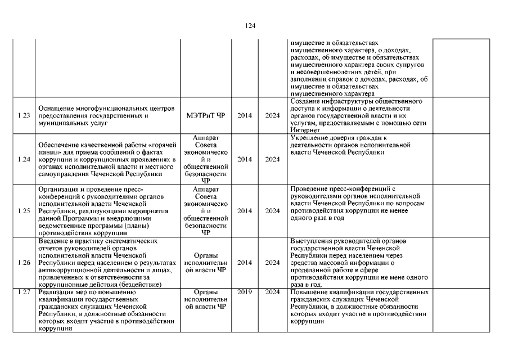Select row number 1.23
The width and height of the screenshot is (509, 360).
(24, 116)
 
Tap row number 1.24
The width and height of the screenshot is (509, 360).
(24, 159)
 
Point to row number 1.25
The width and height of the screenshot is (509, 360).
(24, 211)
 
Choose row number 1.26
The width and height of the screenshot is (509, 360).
(24, 263)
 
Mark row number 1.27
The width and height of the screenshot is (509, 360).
(24, 292)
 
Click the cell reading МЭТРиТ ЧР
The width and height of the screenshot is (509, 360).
(205, 116)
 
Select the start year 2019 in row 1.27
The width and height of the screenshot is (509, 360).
(245, 292)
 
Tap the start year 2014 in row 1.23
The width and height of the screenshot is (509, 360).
(245, 116)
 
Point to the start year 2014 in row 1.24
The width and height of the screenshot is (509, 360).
(245, 159)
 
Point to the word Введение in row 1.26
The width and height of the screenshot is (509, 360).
(52, 241)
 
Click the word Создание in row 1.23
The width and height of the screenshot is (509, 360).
(305, 101)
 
